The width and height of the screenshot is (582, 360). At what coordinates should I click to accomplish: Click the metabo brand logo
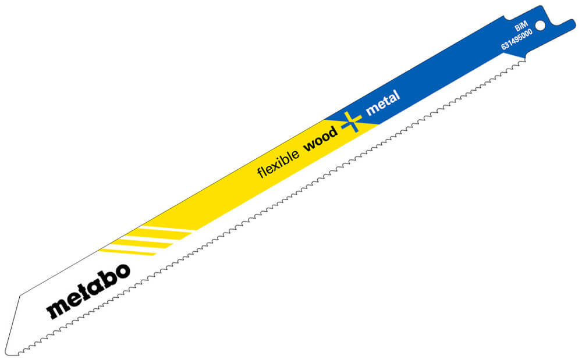88,290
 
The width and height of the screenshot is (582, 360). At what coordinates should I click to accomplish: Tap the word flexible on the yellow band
278,163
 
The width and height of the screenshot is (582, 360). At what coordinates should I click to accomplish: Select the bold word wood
321,138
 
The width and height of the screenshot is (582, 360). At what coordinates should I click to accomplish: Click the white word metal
383,102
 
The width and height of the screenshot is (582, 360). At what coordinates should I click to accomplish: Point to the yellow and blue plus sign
351,122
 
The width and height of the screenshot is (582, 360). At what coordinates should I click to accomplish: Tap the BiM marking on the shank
521,26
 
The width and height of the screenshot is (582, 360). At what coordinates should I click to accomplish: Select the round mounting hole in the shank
541,25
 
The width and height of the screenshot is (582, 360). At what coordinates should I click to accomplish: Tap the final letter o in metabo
122,271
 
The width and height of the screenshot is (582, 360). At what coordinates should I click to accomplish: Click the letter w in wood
310,145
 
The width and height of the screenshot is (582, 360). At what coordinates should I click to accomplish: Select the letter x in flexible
276,165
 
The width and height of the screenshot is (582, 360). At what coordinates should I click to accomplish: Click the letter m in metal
372,109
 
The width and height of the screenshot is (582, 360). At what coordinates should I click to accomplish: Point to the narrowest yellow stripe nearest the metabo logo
127,252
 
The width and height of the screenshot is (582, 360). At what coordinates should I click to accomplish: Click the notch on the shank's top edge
508,19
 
